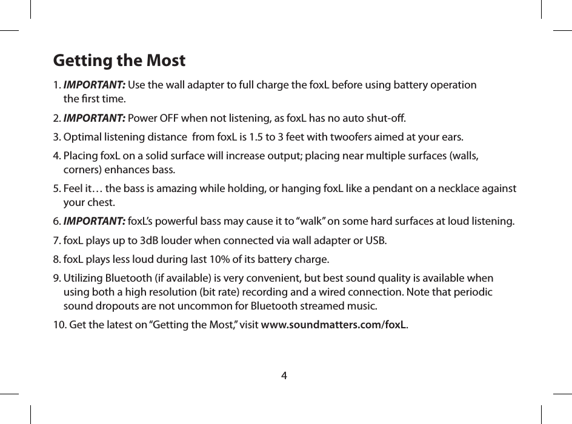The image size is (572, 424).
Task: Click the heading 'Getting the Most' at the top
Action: tap(119, 61)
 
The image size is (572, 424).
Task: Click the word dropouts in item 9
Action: tap(115, 304)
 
